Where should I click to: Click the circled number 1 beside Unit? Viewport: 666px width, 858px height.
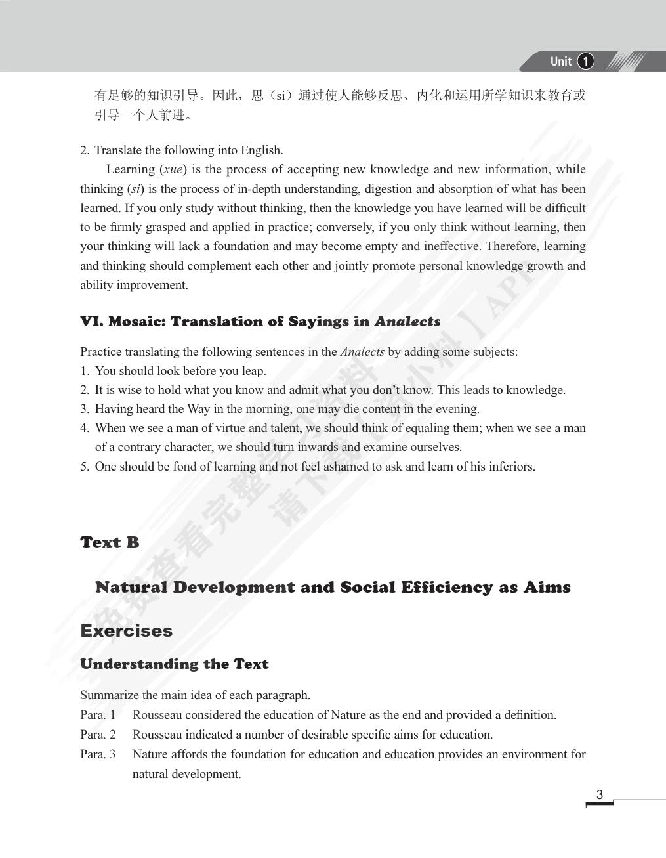[x=585, y=62]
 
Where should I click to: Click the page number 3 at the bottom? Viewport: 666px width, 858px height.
[x=599, y=795]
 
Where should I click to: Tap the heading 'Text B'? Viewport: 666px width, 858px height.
[x=110, y=543]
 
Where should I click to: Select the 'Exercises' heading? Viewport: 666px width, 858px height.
[x=126, y=631]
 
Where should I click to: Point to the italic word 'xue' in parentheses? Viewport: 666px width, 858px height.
[x=173, y=169]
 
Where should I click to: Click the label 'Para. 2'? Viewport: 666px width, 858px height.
[x=98, y=735]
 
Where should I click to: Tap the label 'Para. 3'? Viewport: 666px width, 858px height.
[x=98, y=754]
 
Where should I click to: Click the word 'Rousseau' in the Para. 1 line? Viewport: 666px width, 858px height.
[x=157, y=715]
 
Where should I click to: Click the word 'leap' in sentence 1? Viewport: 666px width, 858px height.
[x=252, y=371]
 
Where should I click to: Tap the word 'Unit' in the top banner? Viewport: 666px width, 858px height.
[x=561, y=62]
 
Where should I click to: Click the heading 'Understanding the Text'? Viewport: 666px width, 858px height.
[x=174, y=664]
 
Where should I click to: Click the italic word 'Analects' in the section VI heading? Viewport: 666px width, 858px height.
[x=407, y=322]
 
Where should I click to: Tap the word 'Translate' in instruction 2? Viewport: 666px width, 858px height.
[x=118, y=150]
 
